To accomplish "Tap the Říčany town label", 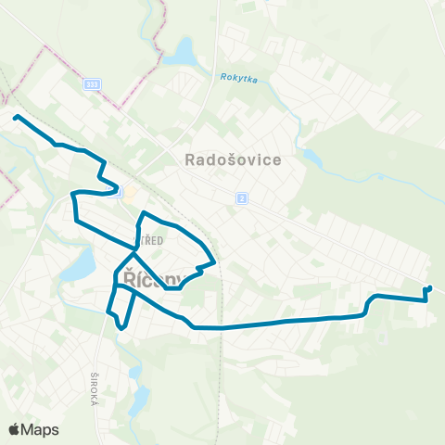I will (x=148, y=278).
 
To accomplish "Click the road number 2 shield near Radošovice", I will (x=241, y=197).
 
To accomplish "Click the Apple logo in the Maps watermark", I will (x=15, y=429).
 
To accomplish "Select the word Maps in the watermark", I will (x=40, y=429).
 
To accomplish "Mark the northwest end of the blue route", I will (x=15, y=116).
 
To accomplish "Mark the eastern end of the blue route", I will (x=430, y=287).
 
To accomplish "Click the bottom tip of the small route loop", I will (x=122, y=327).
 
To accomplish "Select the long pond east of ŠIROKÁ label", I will (x=141, y=394).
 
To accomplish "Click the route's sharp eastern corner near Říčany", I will (x=215, y=261).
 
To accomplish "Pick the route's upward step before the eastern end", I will (x=370, y=303).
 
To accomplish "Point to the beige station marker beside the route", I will (x=130, y=193).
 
